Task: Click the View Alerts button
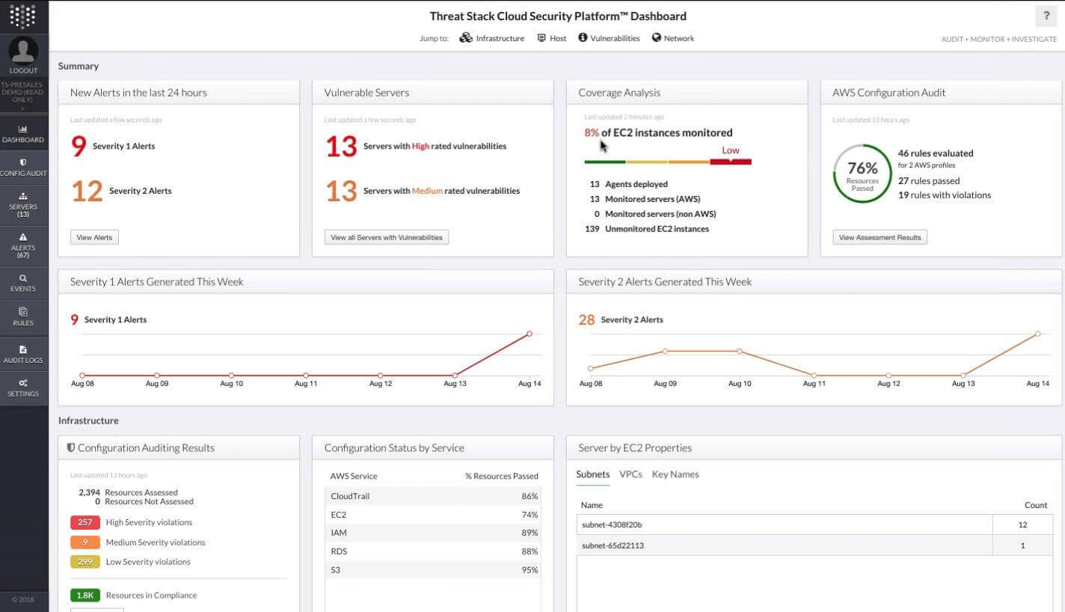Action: pos(94,237)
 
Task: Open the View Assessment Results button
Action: pos(880,237)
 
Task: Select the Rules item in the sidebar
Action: pos(23,316)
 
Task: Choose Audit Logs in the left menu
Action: pos(23,353)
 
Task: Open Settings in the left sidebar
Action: pos(23,387)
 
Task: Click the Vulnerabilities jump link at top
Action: pos(609,38)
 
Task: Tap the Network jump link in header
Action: pos(673,38)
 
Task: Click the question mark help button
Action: pos(1046,16)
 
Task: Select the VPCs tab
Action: pos(630,474)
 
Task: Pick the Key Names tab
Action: pos(675,474)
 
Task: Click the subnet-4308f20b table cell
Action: pos(784,524)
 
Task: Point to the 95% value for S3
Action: pos(530,570)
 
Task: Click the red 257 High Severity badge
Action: pos(85,522)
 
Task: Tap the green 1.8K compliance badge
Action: pos(85,596)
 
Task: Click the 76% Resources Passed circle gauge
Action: pos(862,174)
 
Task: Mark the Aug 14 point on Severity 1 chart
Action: pos(530,334)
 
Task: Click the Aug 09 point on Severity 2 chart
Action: pos(665,351)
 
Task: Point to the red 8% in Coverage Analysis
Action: pos(592,132)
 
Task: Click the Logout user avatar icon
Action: pos(24,51)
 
